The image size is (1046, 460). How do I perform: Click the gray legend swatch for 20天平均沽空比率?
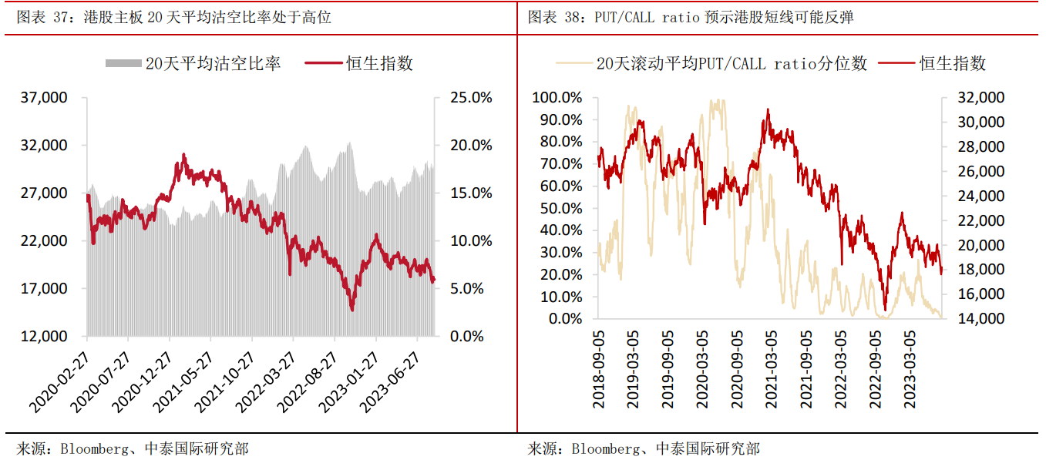point(123,63)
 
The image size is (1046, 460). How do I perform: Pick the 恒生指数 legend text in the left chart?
point(380,63)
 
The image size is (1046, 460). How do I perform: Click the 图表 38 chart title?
point(691,17)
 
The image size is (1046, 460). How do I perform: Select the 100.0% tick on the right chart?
point(557,98)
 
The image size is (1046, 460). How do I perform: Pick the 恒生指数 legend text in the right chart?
point(953,63)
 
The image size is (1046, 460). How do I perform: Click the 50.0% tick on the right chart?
point(560,208)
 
